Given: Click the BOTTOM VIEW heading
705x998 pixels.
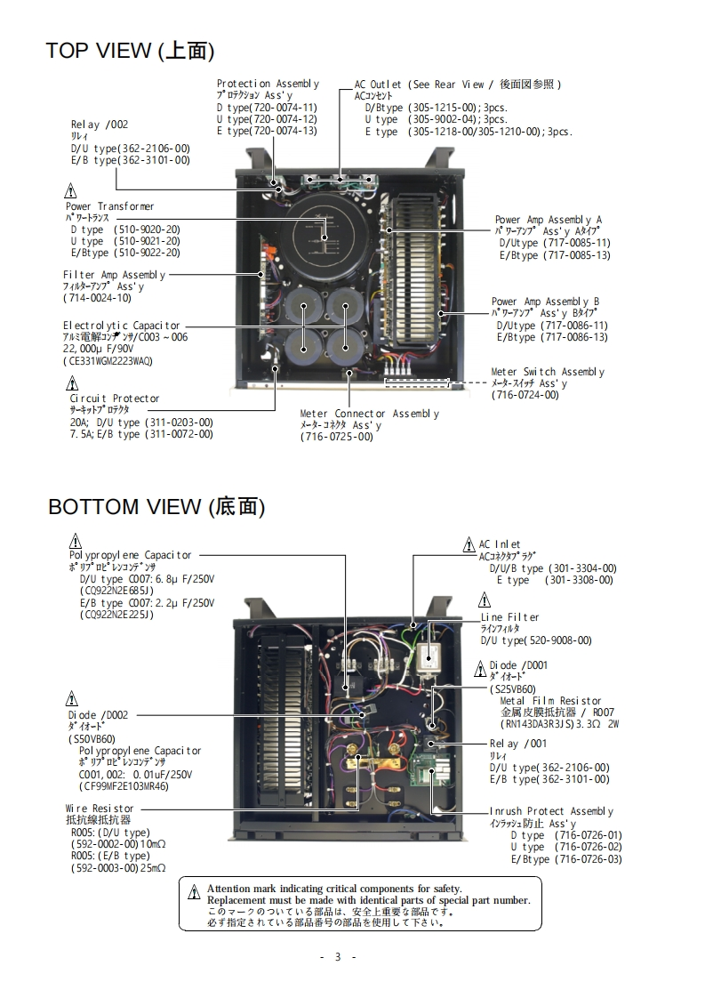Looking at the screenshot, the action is click(x=156, y=507).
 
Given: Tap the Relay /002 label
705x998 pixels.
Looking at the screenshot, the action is click(x=100, y=125).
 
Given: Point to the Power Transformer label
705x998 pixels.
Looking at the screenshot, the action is click(x=109, y=206).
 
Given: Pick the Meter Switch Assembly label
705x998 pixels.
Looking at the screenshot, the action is click(x=548, y=372).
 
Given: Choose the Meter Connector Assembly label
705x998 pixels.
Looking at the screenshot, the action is click(x=369, y=414).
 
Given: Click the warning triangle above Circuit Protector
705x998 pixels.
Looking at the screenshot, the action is click(x=72, y=384).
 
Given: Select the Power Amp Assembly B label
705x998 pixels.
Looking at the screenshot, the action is click(x=545, y=302).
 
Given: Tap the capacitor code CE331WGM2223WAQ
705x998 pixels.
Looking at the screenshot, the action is click(x=108, y=360).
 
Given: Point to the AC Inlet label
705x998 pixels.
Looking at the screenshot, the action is click(x=500, y=544).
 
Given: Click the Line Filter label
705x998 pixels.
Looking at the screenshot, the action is click(x=509, y=617).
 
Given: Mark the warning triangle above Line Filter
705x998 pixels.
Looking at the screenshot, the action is click(x=485, y=600).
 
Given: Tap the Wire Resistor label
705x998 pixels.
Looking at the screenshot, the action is click(x=100, y=809).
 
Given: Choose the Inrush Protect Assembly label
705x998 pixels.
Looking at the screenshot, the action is click(x=551, y=811).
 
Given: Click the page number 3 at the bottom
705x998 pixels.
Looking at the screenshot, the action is click(x=338, y=957).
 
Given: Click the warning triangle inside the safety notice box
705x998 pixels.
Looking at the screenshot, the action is click(x=194, y=892).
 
